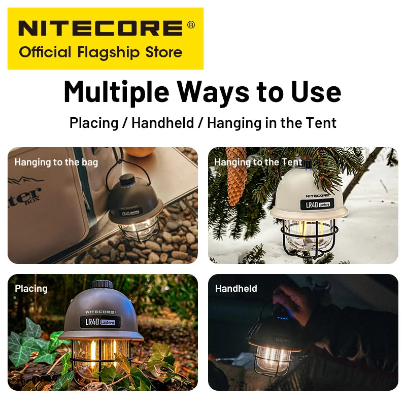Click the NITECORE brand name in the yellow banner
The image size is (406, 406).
(x=99, y=28)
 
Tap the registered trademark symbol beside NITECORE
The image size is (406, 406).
(x=191, y=24)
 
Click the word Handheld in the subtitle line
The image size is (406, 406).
(x=162, y=123)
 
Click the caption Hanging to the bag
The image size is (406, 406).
(x=56, y=162)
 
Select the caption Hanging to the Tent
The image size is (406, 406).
(x=258, y=162)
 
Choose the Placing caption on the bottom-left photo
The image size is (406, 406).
(x=31, y=288)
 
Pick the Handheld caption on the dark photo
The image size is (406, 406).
(x=236, y=288)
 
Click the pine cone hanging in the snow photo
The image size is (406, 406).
(x=236, y=175)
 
